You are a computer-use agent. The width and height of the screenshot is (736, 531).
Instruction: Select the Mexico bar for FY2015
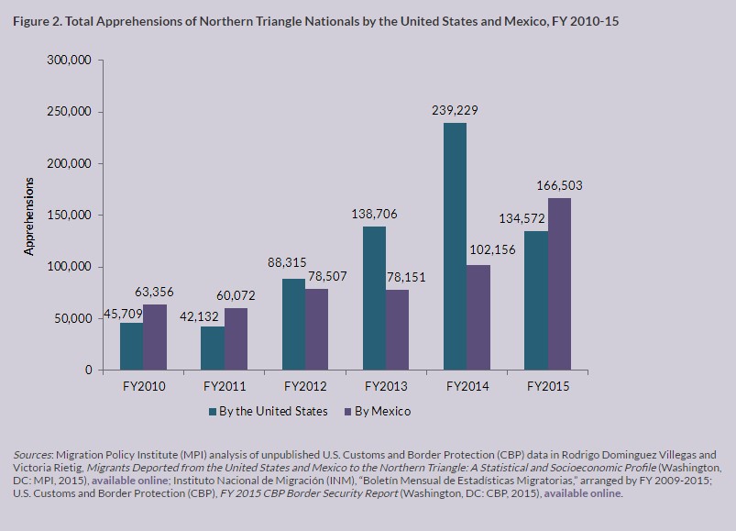559,283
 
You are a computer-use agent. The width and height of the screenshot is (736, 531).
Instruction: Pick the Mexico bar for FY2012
316,329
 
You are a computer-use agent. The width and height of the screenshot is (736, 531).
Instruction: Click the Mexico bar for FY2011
236,338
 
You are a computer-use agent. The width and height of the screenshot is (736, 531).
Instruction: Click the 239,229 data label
455,110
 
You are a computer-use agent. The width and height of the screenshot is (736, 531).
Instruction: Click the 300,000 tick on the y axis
68,61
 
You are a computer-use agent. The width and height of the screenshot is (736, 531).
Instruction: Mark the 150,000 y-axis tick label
68,216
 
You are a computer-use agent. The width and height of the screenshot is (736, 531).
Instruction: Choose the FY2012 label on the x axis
306,386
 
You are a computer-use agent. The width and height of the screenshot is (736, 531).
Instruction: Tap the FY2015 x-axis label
548,386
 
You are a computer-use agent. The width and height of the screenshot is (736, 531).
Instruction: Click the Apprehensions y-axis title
29,215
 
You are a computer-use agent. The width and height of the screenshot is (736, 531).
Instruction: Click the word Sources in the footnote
33,455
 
